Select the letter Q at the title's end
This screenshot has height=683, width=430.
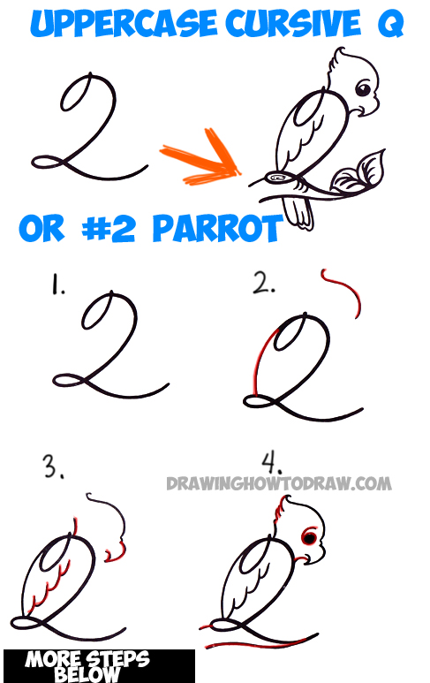point(389,27)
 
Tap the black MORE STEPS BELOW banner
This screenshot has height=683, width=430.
point(98,666)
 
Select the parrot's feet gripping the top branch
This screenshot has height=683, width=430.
point(282,178)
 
